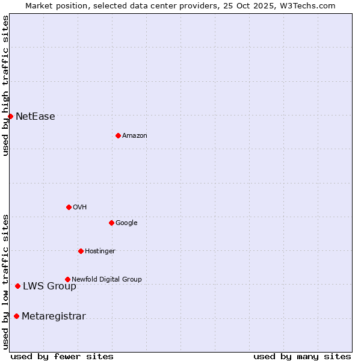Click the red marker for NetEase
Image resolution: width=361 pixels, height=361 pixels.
tap(10, 116)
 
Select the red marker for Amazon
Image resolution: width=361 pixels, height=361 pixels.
tap(118, 135)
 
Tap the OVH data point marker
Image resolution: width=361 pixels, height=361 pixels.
tap(69, 207)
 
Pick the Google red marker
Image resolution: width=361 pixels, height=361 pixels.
tap(111, 223)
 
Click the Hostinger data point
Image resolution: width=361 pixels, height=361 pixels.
tap(81, 251)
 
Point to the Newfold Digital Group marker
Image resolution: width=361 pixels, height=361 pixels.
tap(67, 279)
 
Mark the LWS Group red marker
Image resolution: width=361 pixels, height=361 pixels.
tap(17, 286)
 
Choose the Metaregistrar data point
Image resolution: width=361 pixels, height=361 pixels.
tap(16, 316)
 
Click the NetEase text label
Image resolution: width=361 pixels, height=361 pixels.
tap(35, 117)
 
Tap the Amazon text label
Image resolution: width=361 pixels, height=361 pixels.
tap(135, 136)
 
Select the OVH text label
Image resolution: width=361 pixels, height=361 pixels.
tap(80, 208)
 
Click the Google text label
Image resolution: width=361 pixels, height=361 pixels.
tap(126, 223)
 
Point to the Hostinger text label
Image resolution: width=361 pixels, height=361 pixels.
tap(100, 251)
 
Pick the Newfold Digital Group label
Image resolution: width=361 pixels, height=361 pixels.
tap(106, 280)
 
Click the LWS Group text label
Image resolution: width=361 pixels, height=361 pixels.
tap(49, 286)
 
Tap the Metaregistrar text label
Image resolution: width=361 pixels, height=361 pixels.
tap(54, 316)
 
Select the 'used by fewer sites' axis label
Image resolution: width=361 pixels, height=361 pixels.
tap(62, 356)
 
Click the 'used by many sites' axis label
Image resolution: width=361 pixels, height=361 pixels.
tap(302, 356)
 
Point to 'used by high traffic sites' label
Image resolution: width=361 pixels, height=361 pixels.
tap(6, 85)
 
